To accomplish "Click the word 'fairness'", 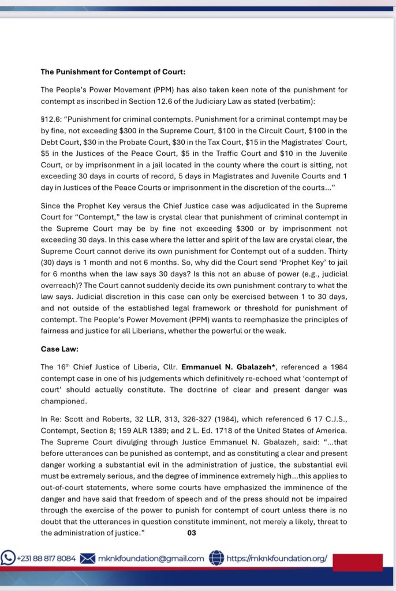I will [x=55, y=332].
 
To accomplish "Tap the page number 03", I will [x=192, y=533].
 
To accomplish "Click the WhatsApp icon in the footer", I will [x=8, y=558].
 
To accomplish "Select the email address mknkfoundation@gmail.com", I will [x=151, y=558].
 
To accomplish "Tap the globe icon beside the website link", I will [x=216, y=558].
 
